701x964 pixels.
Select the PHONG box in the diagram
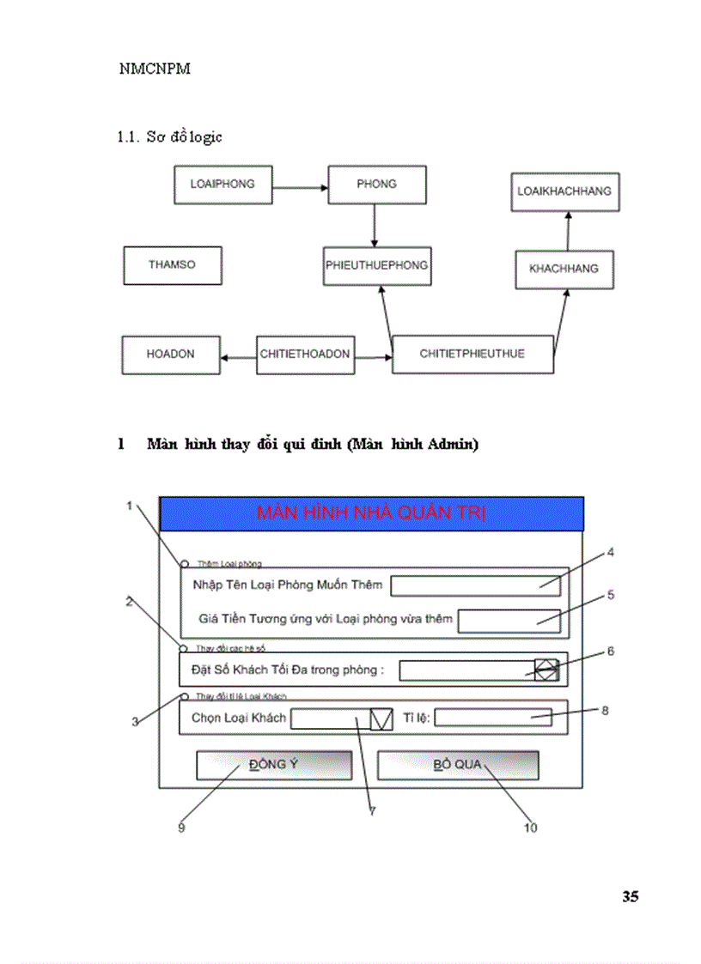(x=376, y=184)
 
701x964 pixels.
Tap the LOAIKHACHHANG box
(x=564, y=191)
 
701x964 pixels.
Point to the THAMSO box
(x=172, y=265)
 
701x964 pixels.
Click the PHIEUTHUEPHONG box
(x=377, y=266)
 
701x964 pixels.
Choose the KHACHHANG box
(x=564, y=270)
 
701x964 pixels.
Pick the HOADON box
(x=170, y=355)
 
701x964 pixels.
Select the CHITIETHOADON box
(x=305, y=355)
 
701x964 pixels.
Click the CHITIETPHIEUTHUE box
(x=472, y=355)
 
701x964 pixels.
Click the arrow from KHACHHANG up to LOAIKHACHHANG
(x=566, y=230)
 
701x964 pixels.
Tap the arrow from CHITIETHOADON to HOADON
(x=237, y=355)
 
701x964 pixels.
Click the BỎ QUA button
(x=458, y=765)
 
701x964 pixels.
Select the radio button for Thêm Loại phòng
(x=185, y=564)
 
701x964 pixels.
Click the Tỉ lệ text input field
(x=492, y=718)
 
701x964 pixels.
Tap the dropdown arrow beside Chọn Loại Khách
(x=381, y=718)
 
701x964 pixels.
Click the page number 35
(x=630, y=897)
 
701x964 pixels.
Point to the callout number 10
(x=530, y=828)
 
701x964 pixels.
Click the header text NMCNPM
(x=155, y=70)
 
